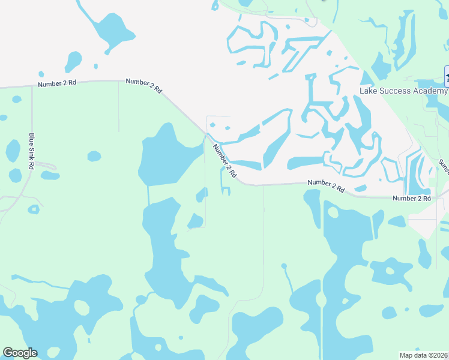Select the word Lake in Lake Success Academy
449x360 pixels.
(x=367, y=91)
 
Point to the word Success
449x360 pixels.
(x=393, y=91)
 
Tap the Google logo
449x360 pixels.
(x=20, y=353)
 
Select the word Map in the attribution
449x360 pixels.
(x=406, y=355)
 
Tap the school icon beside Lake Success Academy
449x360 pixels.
(x=447, y=76)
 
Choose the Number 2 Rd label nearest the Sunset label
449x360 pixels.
(x=412, y=198)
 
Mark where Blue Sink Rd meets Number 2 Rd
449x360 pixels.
(x=32, y=87)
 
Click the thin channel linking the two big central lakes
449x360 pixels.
(x=148, y=194)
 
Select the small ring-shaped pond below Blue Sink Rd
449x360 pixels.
(x=34, y=209)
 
